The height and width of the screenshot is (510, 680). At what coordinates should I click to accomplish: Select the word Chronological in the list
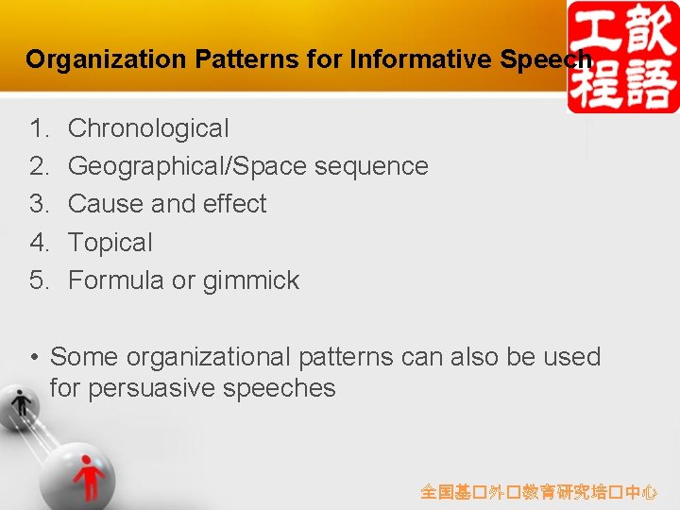click(148, 127)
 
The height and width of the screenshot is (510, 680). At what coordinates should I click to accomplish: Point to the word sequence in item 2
click(370, 166)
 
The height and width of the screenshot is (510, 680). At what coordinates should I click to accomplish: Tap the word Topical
click(110, 243)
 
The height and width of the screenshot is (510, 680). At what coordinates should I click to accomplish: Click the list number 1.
click(39, 127)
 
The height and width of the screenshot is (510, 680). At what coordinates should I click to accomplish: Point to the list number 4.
click(39, 243)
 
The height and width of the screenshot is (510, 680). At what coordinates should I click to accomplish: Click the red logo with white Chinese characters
click(622, 57)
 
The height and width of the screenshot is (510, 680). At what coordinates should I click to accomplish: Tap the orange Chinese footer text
click(538, 492)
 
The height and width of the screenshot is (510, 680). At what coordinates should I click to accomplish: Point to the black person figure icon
click(21, 405)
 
